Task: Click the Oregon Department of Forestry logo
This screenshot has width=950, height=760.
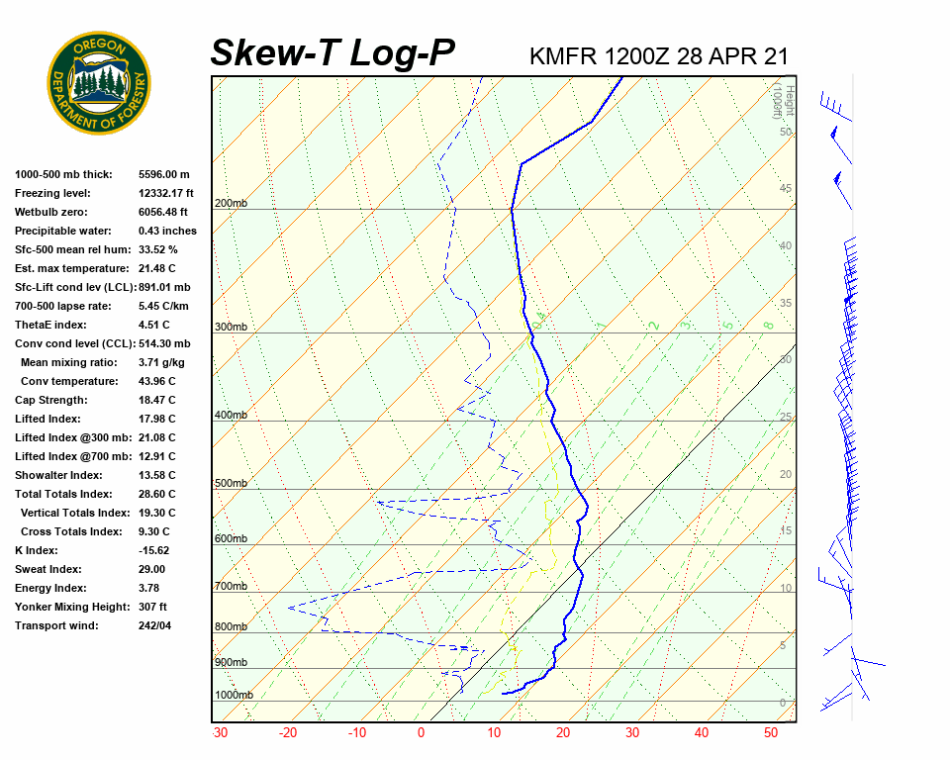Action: pyautogui.click(x=99, y=83)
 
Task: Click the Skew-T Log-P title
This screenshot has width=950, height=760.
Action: pyautogui.click(x=332, y=52)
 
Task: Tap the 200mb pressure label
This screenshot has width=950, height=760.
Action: pyautogui.click(x=231, y=204)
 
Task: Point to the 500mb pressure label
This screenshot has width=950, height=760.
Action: pyautogui.click(x=231, y=484)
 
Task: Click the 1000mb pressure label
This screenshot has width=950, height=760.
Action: pyautogui.click(x=234, y=695)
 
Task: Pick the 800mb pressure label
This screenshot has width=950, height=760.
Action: pyautogui.click(x=231, y=627)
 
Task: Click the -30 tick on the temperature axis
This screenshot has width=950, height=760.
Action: pyautogui.click(x=220, y=733)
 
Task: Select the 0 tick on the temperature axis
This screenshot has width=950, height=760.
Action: pyautogui.click(x=421, y=733)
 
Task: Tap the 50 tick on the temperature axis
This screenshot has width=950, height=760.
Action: pyautogui.click(x=771, y=733)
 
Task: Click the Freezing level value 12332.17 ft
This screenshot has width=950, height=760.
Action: pyautogui.click(x=166, y=193)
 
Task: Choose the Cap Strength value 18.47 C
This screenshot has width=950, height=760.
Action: pyautogui.click(x=156, y=400)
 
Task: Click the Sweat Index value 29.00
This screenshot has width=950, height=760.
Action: pyautogui.click(x=151, y=569)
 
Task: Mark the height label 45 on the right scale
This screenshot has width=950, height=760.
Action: pyautogui.click(x=786, y=188)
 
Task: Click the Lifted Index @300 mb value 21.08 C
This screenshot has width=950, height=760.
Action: pyautogui.click(x=156, y=437)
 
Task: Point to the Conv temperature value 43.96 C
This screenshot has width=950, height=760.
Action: pyautogui.click(x=156, y=381)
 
